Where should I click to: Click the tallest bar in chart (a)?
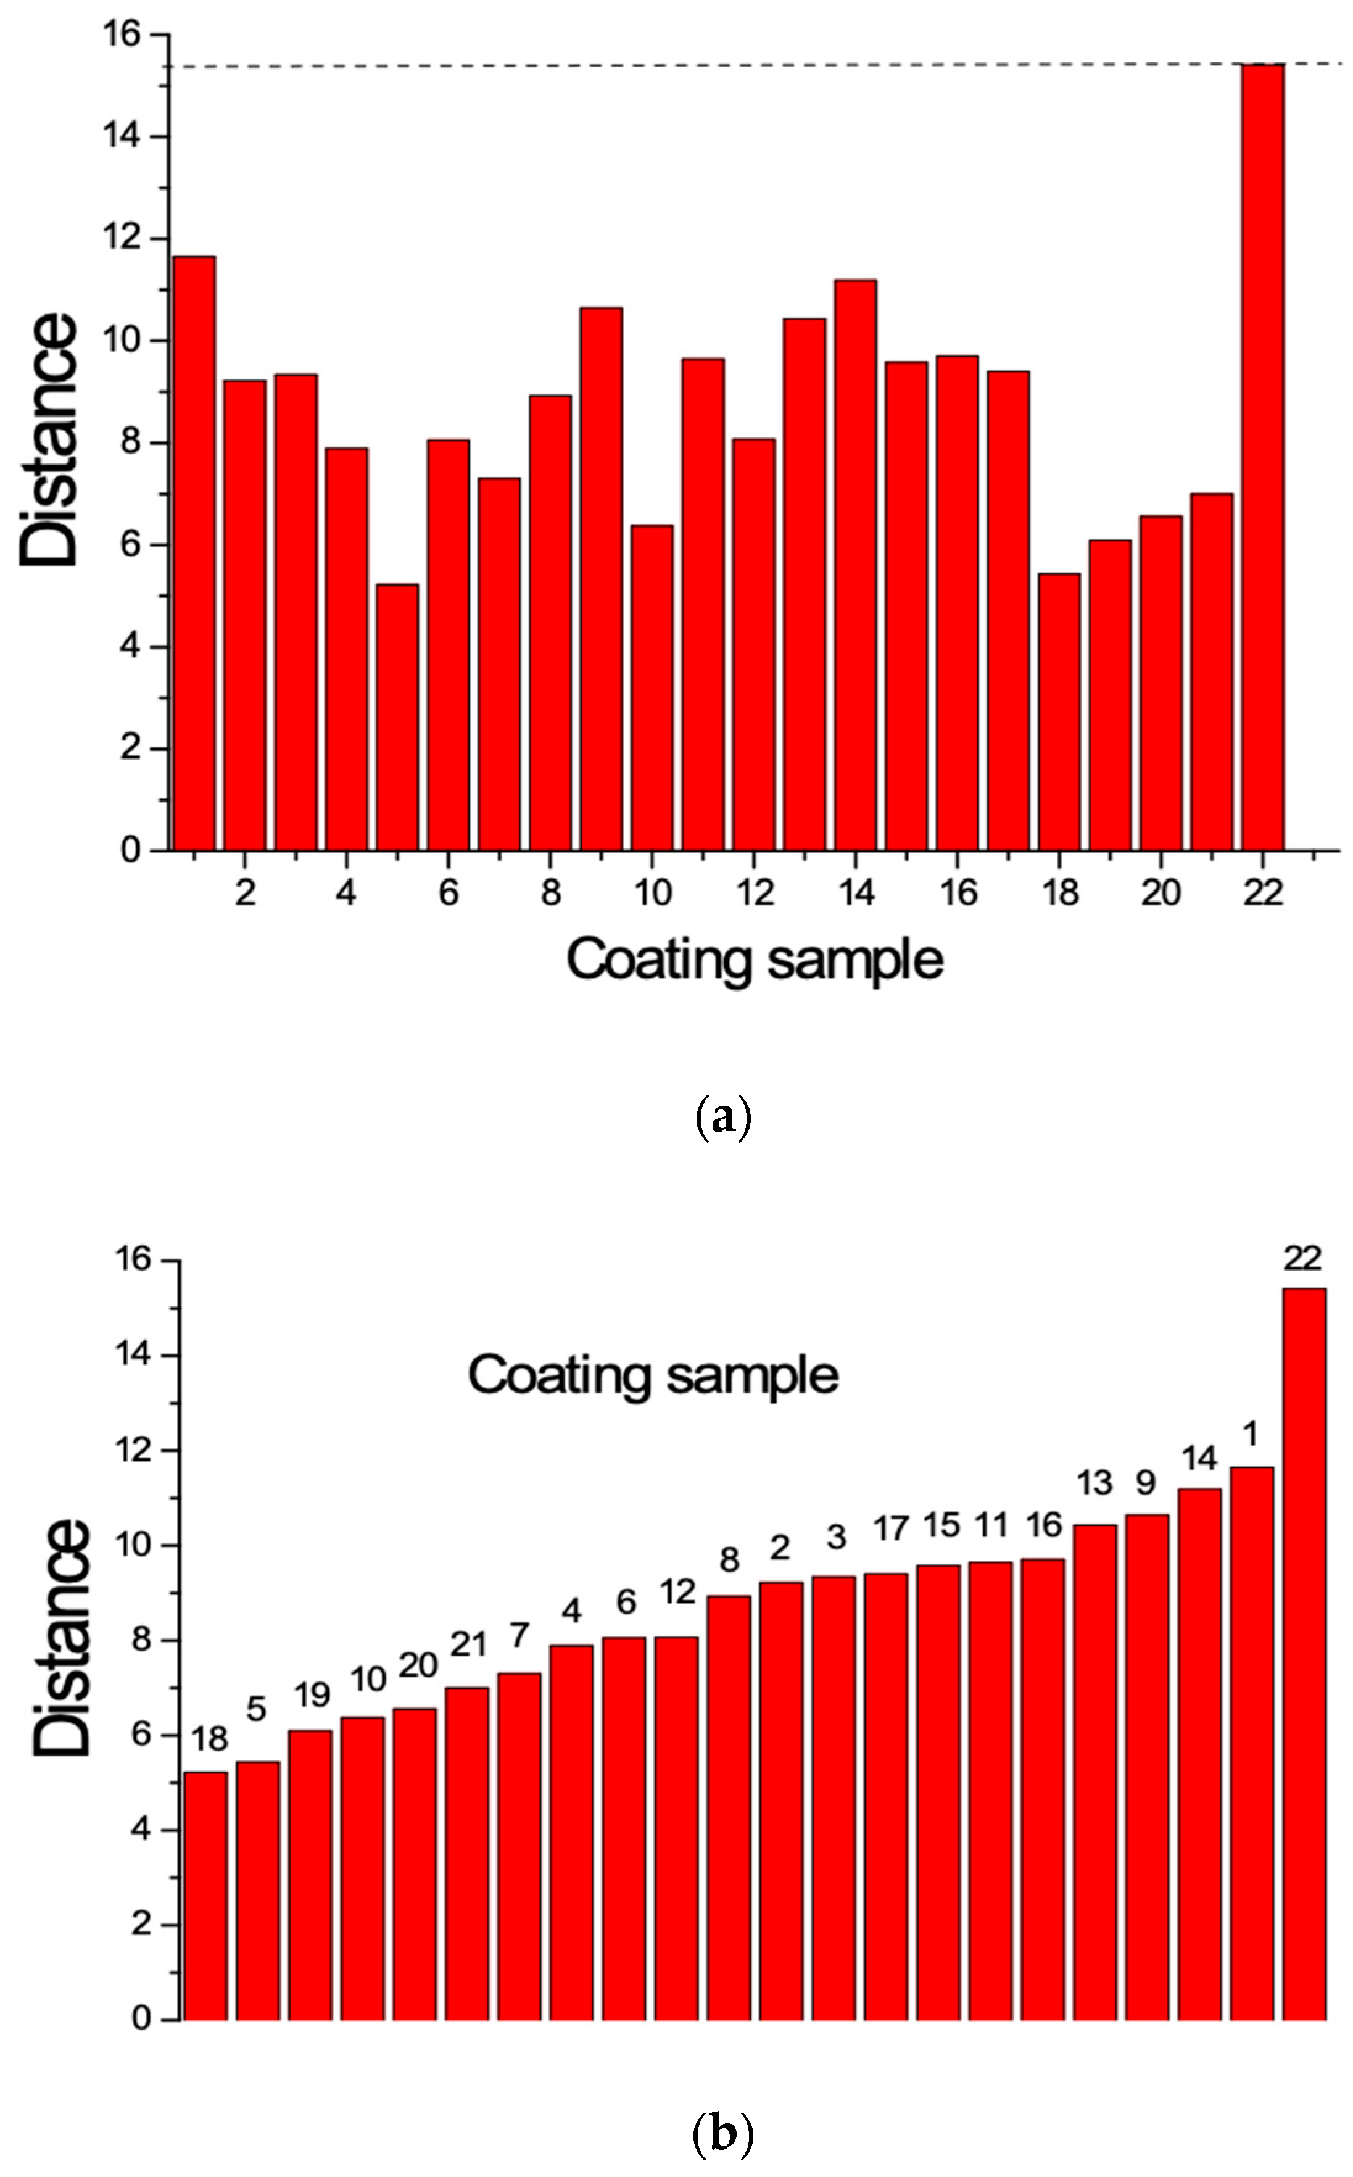(1263, 457)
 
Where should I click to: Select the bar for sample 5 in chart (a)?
(397, 716)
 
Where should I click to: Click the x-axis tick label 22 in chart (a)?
(1263, 893)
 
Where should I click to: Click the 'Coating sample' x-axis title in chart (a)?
(755, 960)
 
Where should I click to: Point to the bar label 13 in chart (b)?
(1093, 1483)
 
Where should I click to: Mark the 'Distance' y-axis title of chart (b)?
(63, 1638)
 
